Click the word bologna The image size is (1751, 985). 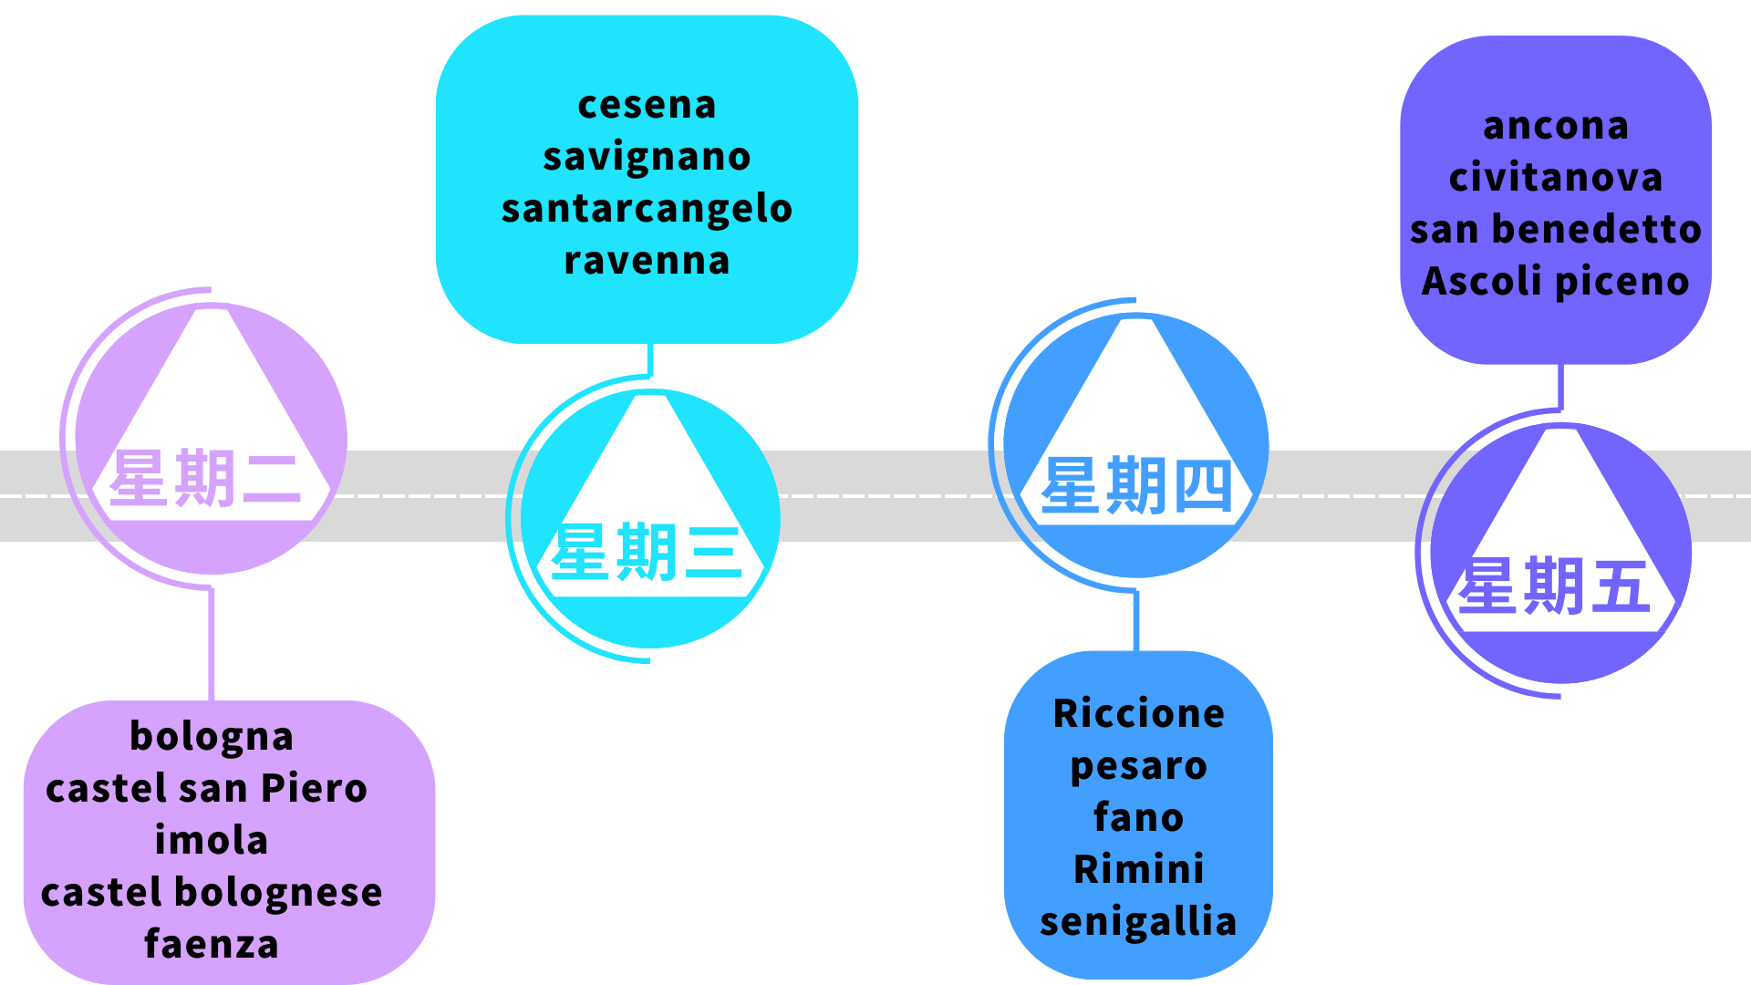(x=212, y=737)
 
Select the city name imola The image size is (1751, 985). (x=212, y=840)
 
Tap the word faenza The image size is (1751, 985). (x=212, y=944)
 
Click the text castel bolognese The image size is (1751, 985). (x=212, y=892)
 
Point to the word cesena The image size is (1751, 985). (x=647, y=105)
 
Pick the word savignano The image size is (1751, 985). (x=647, y=157)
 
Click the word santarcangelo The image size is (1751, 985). (x=647, y=209)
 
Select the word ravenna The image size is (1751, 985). (x=647, y=261)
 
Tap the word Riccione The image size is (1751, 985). (x=1138, y=713)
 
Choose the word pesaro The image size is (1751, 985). (x=1138, y=766)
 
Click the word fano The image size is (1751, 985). (x=1138, y=817)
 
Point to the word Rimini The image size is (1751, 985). (x=1138, y=869)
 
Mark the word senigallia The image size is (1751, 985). (x=1138, y=921)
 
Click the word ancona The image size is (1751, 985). (x=1556, y=126)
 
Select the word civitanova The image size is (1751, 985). (x=1556, y=178)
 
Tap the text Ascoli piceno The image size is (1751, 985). (x=1556, y=281)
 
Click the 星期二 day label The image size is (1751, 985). (x=206, y=478)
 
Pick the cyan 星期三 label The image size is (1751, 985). (x=647, y=553)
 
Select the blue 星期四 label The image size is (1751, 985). (x=1136, y=486)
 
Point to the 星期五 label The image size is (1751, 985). (x=1554, y=586)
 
